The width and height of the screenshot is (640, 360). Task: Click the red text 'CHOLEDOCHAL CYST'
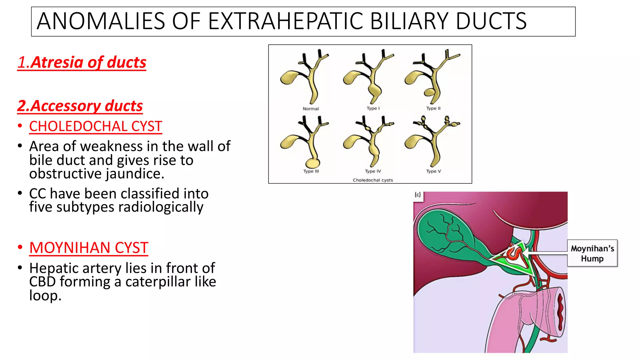click(96, 127)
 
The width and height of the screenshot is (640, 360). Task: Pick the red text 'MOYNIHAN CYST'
click(89, 248)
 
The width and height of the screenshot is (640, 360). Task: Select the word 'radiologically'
click(161, 207)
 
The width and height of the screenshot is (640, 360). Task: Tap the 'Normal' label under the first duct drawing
click(311, 109)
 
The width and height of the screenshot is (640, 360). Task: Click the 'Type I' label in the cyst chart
click(373, 108)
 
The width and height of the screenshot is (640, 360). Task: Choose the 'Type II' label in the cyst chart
click(433, 108)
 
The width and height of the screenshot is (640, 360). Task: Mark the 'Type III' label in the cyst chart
click(311, 171)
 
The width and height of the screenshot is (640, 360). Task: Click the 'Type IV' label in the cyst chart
click(373, 171)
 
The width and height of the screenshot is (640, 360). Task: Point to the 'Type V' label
click(433, 171)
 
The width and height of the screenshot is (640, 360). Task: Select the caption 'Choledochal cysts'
click(373, 180)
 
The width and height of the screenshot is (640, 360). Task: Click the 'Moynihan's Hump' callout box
click(592, 253)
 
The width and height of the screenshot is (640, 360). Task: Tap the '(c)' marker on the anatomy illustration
click(418, 195)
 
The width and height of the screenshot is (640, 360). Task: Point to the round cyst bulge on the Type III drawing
click(312, 163)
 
